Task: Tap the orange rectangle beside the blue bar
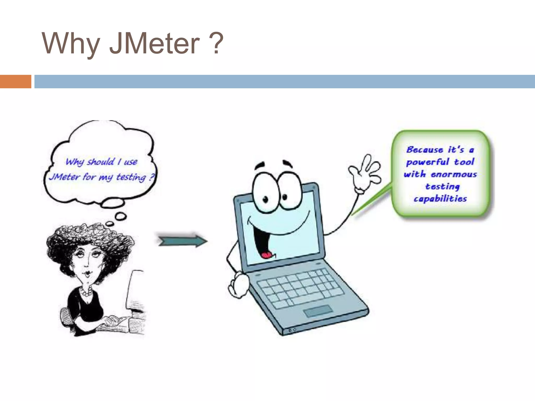click(x=15, y=81)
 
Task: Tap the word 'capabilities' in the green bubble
click(x=440, y=199)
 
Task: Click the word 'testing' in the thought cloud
click(x=131, y=177)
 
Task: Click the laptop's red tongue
click(x=267, y=255)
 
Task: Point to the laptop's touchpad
click(x=318, y=311)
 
